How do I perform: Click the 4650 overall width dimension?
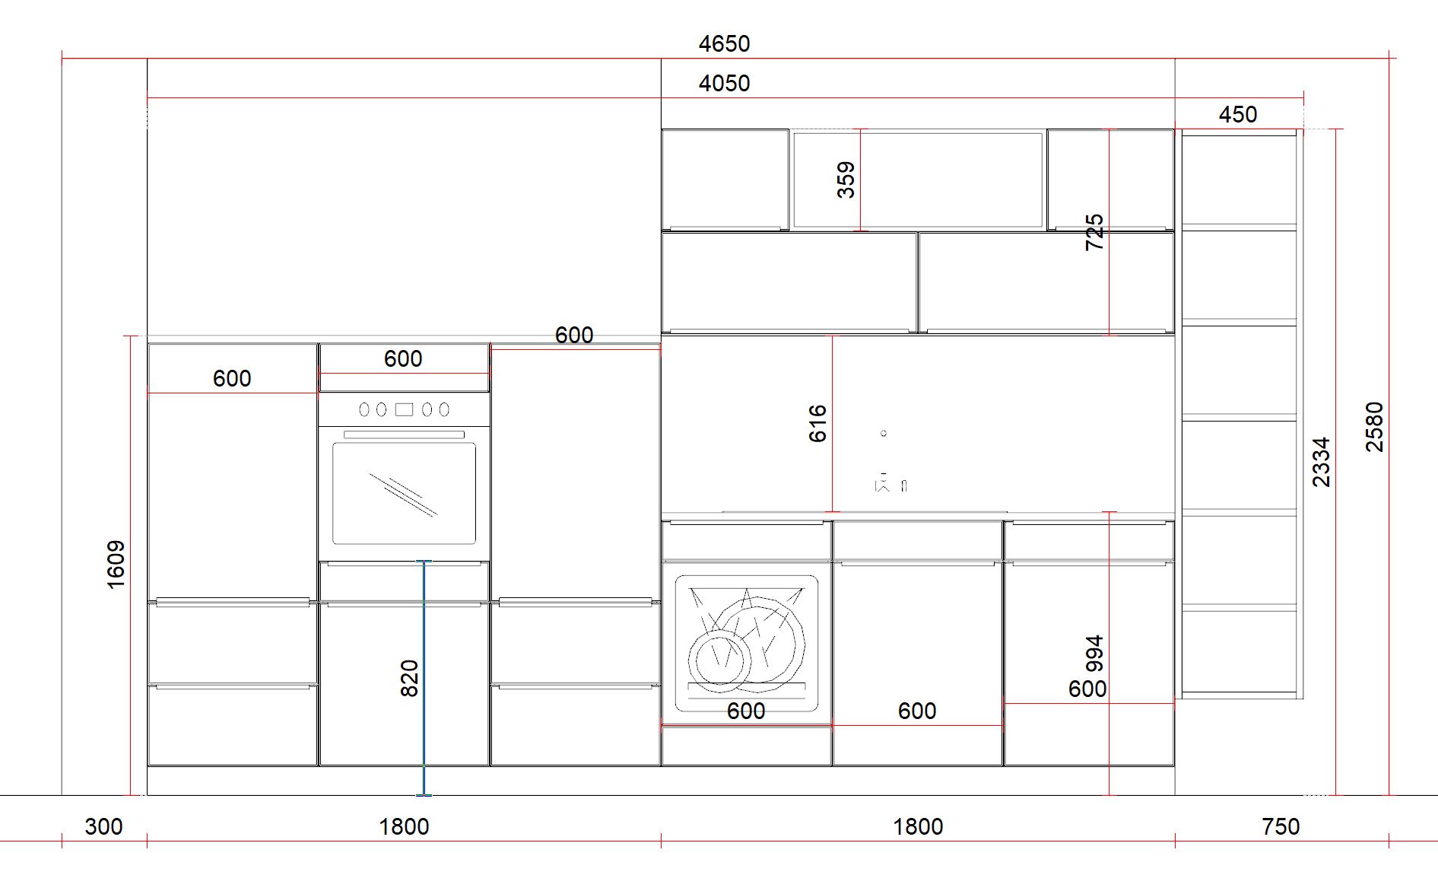(724, 44)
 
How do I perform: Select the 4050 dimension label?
(724, 84)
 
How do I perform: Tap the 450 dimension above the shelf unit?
(1238, 115)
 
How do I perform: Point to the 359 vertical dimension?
(846, 180)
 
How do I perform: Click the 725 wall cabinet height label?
(1094, 232)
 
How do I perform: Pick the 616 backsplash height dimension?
(817, 424)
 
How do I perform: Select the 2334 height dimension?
(1322, 462)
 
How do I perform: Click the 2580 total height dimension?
(1375, 427)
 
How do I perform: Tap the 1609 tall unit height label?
(116, 565)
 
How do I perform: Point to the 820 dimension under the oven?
(409, 678)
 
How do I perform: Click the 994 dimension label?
(1094, 654)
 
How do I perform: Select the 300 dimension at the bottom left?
(103, 827)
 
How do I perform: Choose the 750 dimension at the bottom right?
(1281, 827)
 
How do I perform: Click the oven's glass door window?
(405, 493)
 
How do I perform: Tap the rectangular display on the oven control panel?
(404, 409)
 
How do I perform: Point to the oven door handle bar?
(404, 434)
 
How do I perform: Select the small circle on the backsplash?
(884, 434)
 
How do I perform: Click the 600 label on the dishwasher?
(746, 711)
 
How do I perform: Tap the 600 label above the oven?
(403, 359)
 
